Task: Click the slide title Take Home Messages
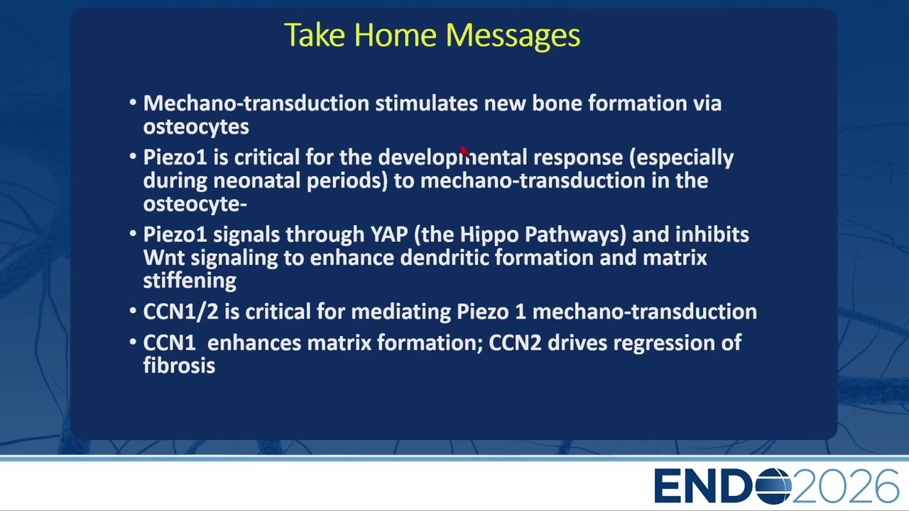click(432, 35)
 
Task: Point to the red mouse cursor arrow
click(464, 151)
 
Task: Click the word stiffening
click(190, 281)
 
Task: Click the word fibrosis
click(179, 366)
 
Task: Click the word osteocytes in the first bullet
click(196, 127)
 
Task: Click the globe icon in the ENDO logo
click(773, 485)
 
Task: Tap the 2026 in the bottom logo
click(845, 486)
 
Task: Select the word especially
click(681, 158)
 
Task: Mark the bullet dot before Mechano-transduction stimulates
click(133, 102)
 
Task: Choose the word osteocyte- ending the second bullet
click(195, 204)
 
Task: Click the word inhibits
click(711, 234)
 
